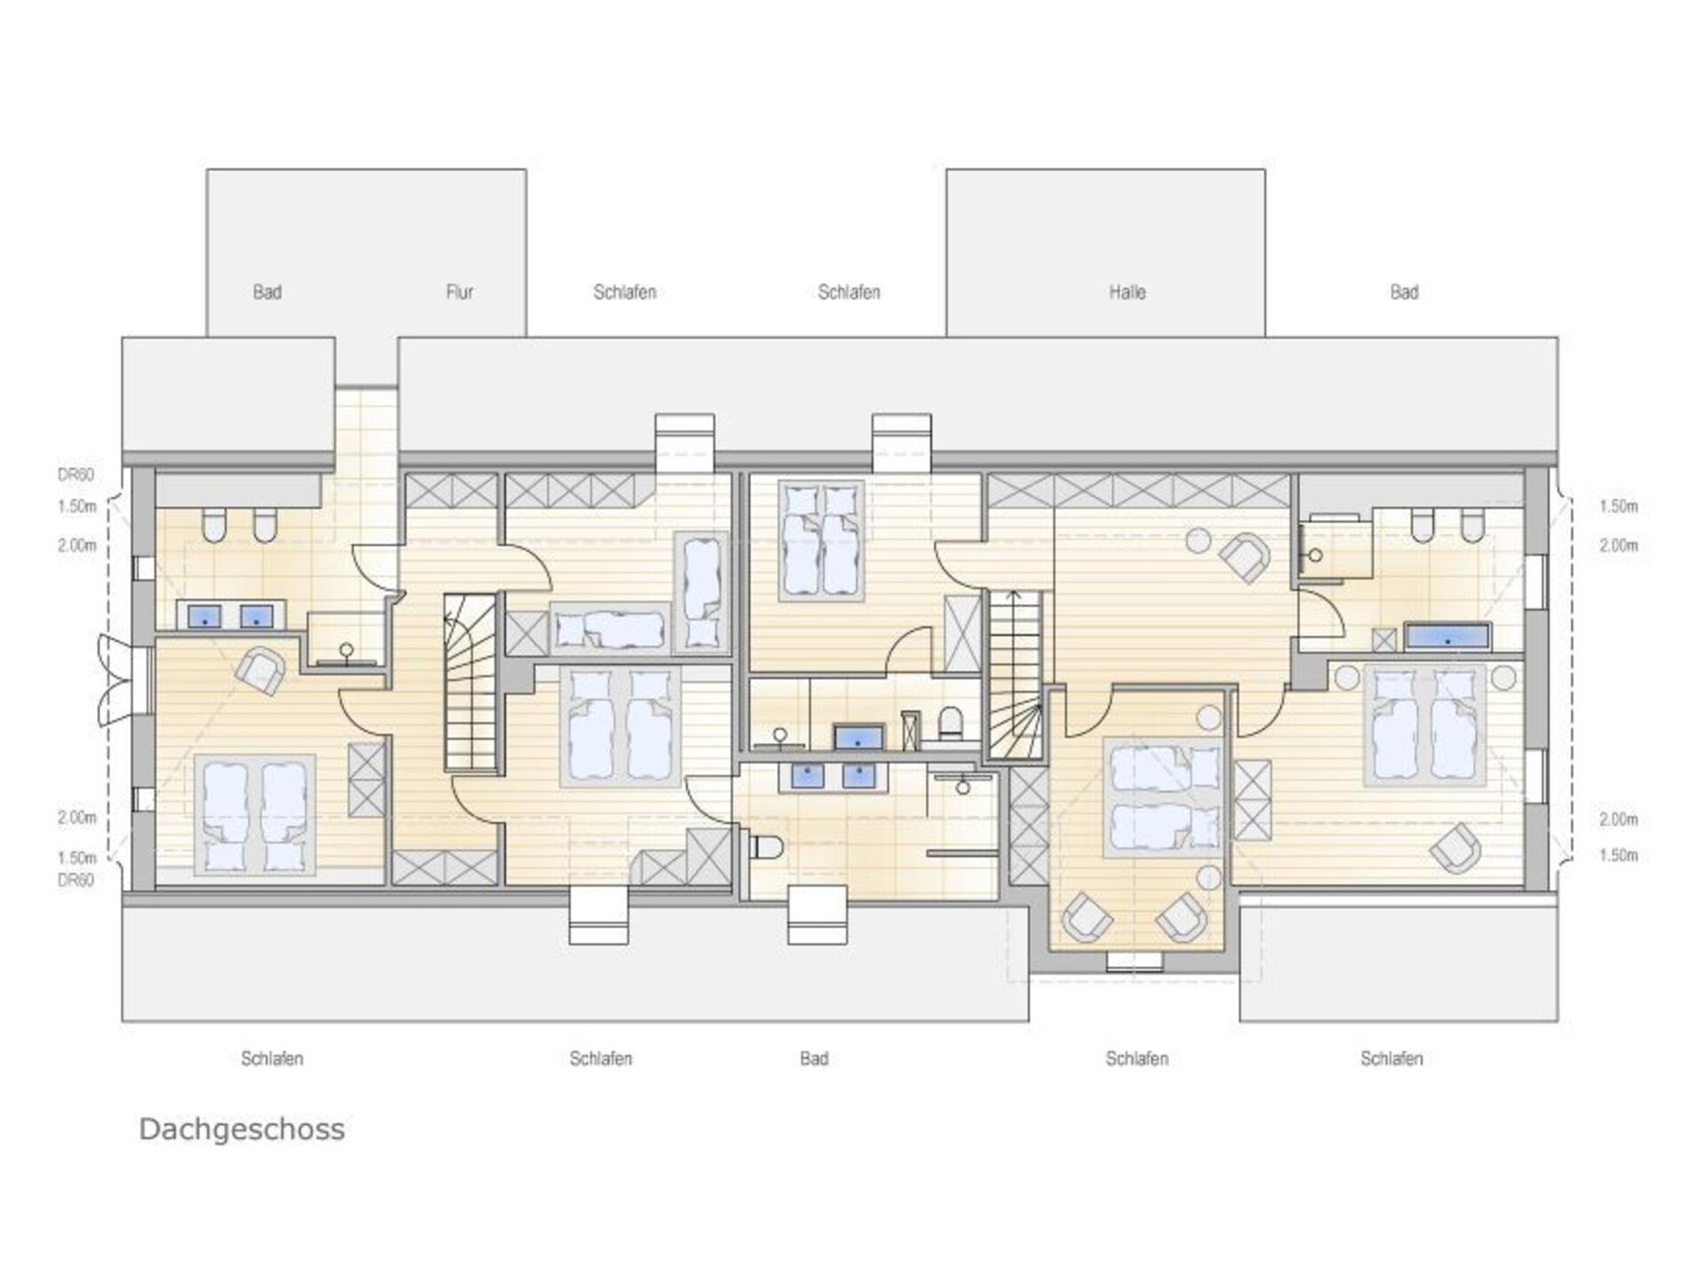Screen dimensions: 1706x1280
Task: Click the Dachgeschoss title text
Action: click(x=242, y=1130)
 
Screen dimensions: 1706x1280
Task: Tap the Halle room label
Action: click(x=1127, y=292)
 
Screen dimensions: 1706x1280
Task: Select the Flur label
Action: click(x=459, y=292)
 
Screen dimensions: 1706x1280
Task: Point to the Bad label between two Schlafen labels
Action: click(x=814, y=1058)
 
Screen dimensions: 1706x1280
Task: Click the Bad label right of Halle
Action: click(x=1404, y=292)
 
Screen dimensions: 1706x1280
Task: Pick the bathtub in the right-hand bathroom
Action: click(x=1447, y=637)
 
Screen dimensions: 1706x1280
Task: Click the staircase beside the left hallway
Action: click(x=471, y=683)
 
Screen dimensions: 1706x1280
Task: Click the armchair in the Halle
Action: click(x=1245, y=557)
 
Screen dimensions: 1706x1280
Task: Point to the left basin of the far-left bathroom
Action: click(x=205, y=615)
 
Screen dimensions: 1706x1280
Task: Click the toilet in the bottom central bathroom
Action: click(x=766, y=847)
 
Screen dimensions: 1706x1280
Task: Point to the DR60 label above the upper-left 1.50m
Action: click(x=76, y=475)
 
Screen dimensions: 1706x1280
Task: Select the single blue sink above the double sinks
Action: click(x=857, y=738)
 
